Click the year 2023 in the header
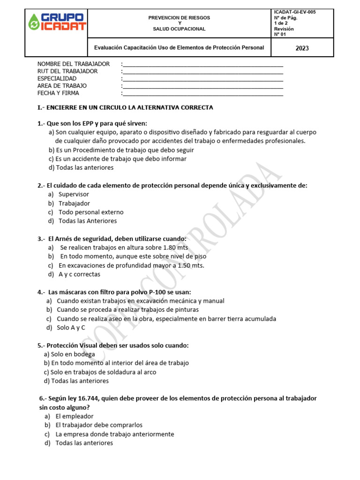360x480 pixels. click(x=302, y=48)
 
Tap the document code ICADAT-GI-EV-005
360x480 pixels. click(x=294, y=12)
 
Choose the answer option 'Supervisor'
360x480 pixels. click(x=74, y=194)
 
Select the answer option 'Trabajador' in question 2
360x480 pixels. click(x=74, y=203)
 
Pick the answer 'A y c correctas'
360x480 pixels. click(x=79, y=274)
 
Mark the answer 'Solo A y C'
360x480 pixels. click(x=71, y=328)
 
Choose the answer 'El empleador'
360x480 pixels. click(x=75, y=416)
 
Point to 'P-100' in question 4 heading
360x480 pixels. click(x=157, y=292)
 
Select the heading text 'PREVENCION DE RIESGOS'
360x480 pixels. click(x=179, y=17)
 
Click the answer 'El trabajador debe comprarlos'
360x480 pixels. click(x=99, y=425)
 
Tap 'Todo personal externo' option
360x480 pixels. click(x=91, y=212)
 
